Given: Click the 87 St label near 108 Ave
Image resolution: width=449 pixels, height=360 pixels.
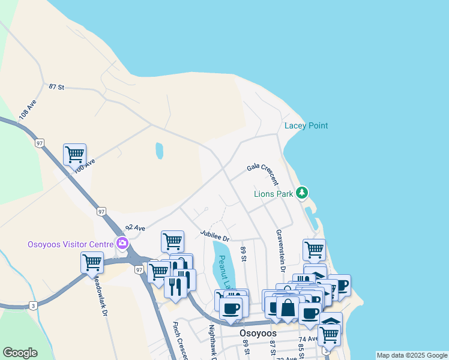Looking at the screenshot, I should [56, 87].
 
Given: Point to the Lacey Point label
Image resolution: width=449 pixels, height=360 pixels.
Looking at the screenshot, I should [306, 126].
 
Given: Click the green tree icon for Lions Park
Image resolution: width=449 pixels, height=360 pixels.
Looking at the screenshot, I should [303, 193].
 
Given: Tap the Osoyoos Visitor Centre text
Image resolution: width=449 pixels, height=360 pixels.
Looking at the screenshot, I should [70, 244].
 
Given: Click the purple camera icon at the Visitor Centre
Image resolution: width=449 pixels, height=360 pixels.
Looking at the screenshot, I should [122, 244].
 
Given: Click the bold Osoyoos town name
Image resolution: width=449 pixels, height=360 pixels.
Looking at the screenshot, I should [258, 333].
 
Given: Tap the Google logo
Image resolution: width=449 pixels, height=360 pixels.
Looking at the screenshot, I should [20, 353].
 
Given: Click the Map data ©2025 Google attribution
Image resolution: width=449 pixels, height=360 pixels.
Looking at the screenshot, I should [411, 355].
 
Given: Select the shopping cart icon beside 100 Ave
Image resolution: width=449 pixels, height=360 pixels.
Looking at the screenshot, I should [74, 154].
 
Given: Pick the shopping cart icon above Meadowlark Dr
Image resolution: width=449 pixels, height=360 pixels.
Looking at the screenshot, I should [92, 262].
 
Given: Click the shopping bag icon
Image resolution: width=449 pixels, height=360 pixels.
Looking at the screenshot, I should [288, 308].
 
